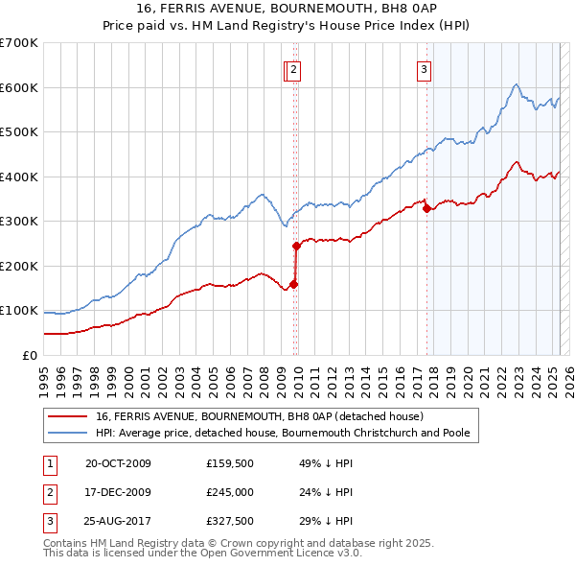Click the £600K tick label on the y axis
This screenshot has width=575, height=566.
[x=19, y=87]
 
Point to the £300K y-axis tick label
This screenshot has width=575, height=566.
[x=19, y=221]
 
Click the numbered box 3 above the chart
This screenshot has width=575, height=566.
[x=423, y=68]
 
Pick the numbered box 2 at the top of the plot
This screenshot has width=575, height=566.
[x=293, y=68]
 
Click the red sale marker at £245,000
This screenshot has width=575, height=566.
[x=297, y=246]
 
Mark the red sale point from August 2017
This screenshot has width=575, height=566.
[x=426, y=209]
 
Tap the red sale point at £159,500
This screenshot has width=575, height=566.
[x=294, y=284]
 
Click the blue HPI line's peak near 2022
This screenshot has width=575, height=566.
[x=516, y=85]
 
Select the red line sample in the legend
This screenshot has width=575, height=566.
[x=67, y=416]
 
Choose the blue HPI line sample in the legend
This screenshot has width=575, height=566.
[x=67, y=433]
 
